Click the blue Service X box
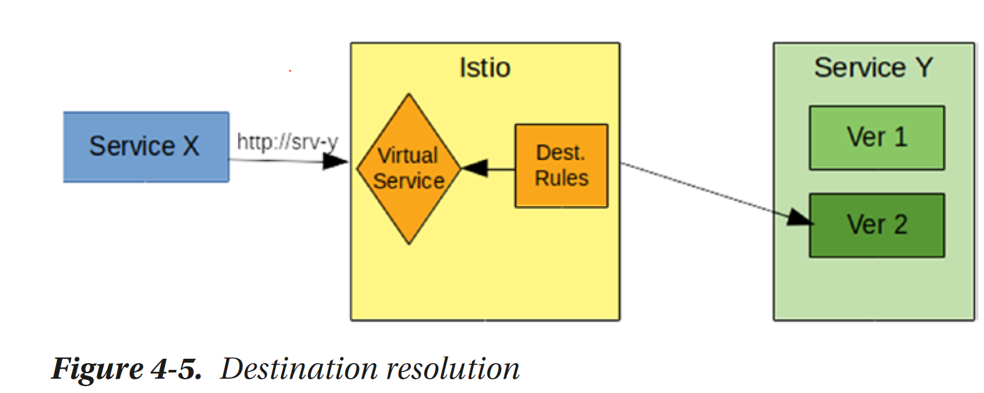146,147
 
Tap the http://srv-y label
287,142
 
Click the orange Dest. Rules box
561,166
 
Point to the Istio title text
485,68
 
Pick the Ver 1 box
876,138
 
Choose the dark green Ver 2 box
876,225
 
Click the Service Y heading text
873,67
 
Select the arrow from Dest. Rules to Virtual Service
492,168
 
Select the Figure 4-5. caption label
127,369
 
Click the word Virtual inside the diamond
408,154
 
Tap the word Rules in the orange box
561,178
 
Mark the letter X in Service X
191,146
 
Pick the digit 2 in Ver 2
899,225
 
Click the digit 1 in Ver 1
899,137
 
